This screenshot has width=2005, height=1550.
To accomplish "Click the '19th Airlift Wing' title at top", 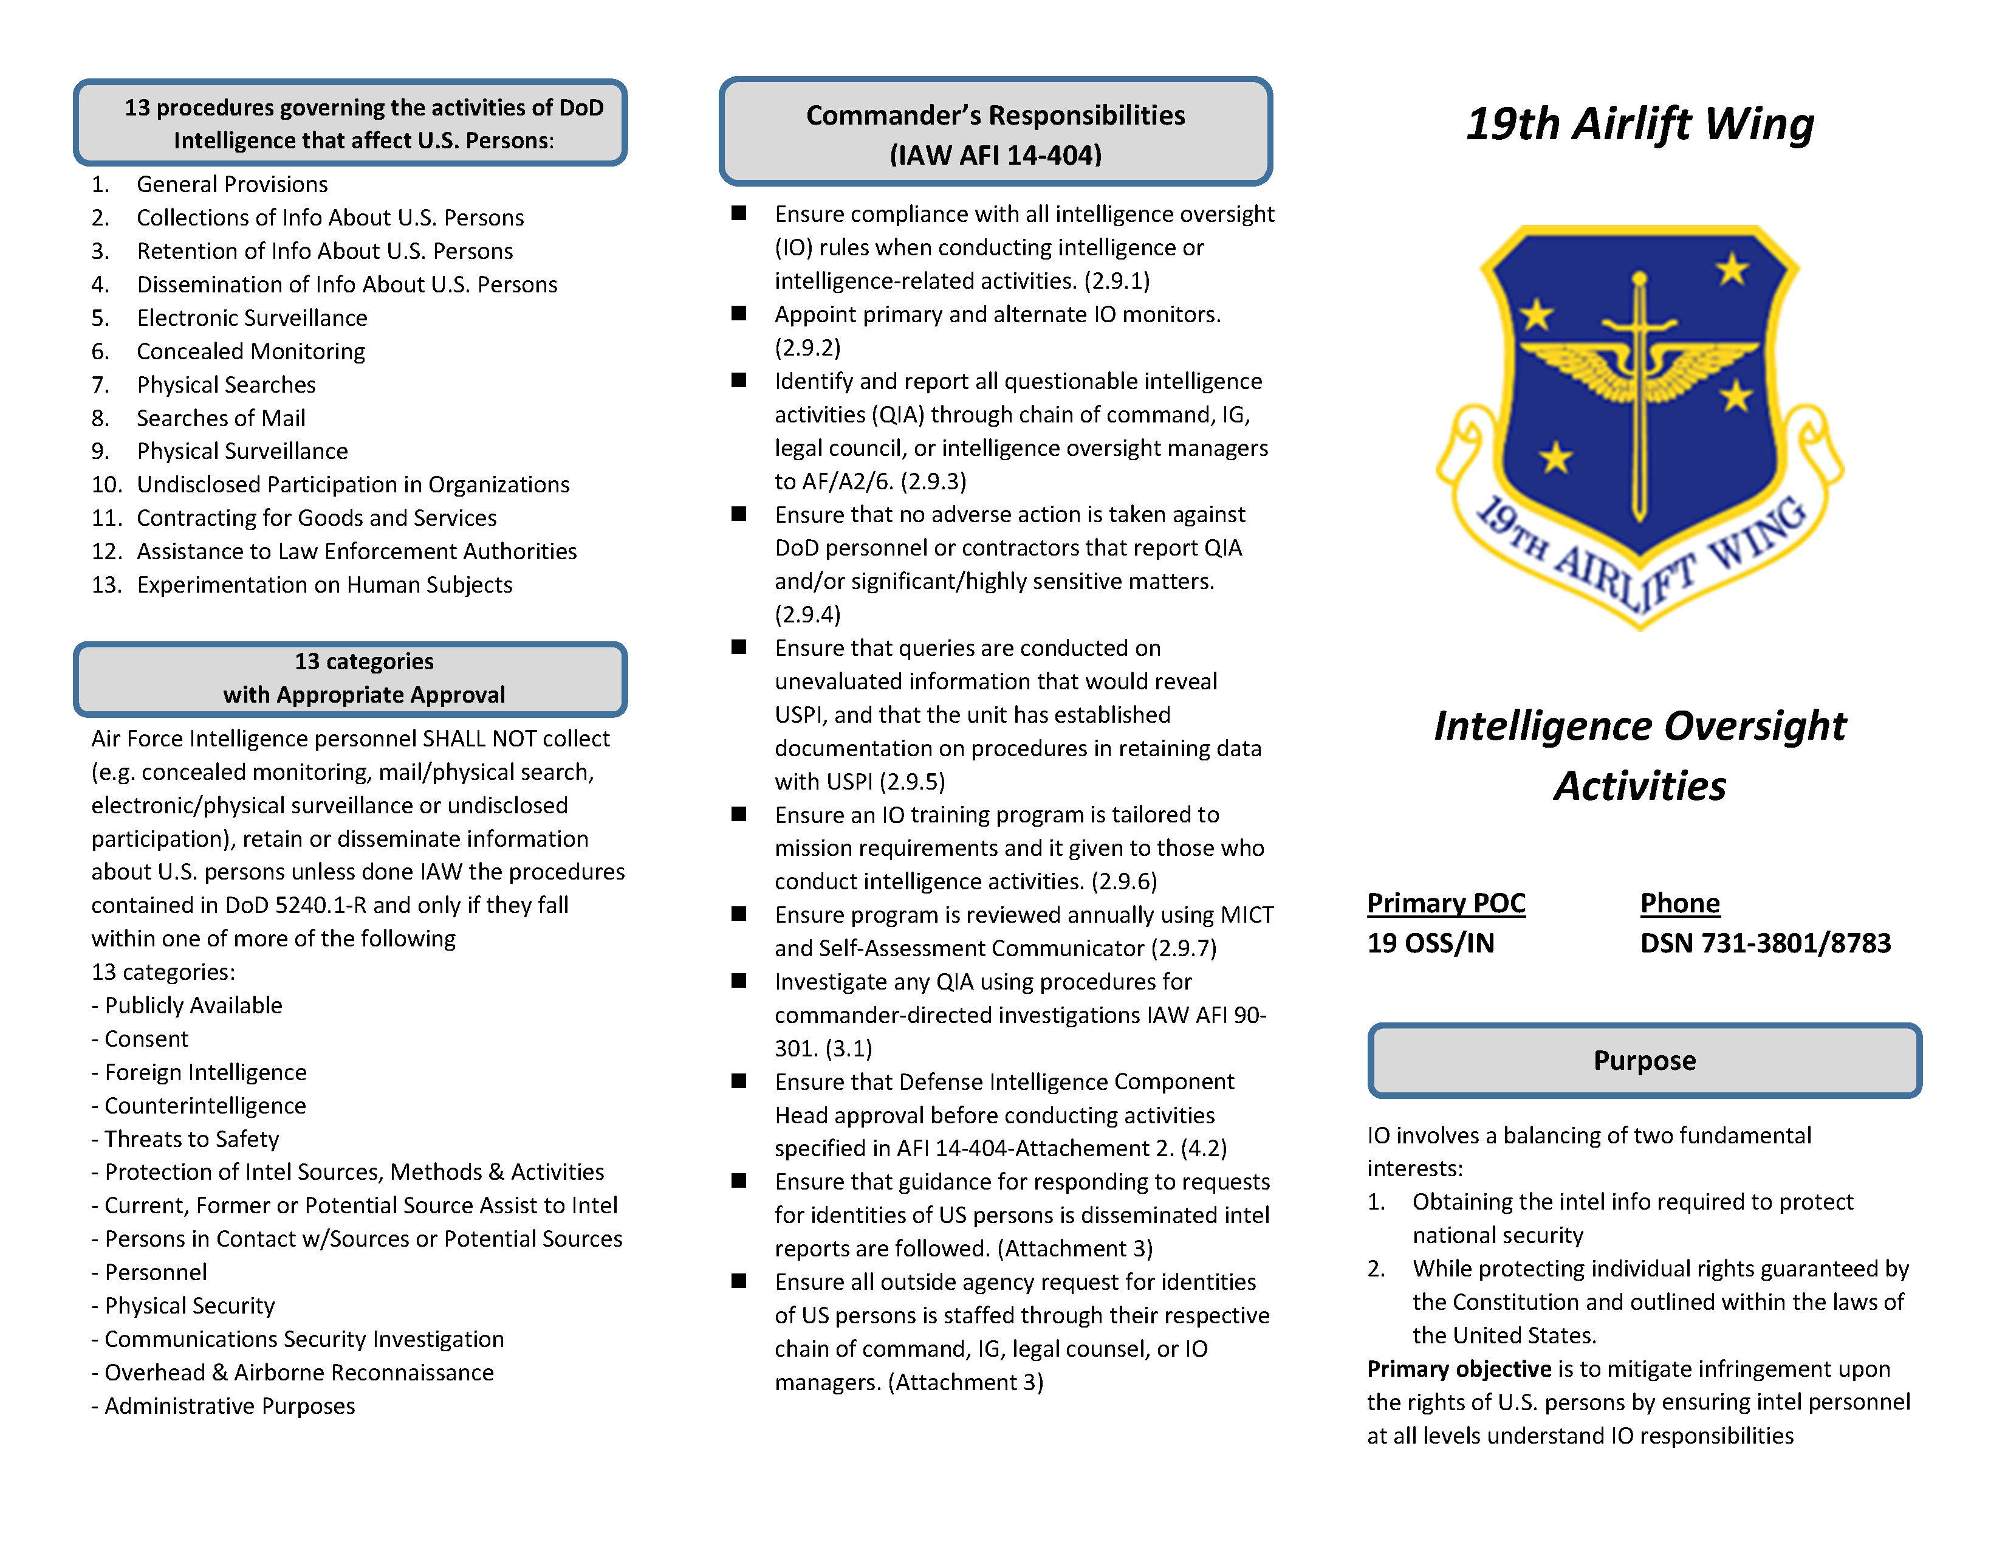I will coord(1640,124).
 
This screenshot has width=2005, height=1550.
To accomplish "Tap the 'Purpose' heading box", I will coord(1644,1061).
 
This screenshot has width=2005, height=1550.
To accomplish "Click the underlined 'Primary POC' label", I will coord(1446,903).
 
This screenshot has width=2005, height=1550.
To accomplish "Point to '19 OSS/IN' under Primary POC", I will coord(1430,943).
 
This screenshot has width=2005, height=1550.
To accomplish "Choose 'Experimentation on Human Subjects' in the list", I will coord(324,585).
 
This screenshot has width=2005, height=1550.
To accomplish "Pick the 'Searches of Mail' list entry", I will coord(221,418).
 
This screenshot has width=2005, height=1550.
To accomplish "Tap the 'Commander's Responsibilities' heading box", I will coord(995,133).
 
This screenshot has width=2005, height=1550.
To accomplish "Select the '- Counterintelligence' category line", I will coord(199,1106).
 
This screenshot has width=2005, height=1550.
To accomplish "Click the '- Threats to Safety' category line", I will coord(185,1138).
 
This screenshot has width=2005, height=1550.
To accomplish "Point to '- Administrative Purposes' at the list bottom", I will coord(223,1406).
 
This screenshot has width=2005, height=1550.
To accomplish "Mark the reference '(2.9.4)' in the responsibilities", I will coord(808,615).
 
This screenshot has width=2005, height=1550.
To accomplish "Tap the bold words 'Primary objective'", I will coord(1459,1369).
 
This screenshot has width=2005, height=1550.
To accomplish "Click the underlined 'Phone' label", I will coord(1680,903).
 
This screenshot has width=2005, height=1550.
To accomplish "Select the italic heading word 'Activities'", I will coord(1640,786).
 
